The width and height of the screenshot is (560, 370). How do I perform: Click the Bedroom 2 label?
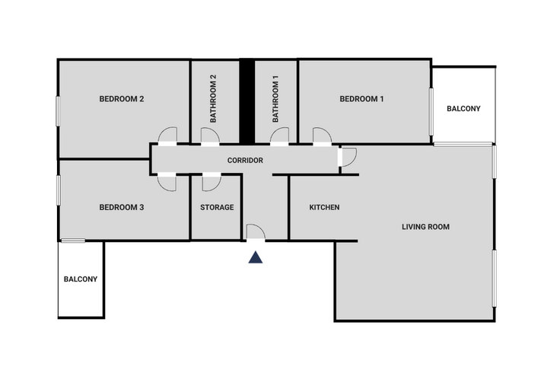[x=122, y=99]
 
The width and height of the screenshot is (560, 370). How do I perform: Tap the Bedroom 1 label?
[x=361, y=99]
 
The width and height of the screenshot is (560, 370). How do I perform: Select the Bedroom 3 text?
[x=122, y=207]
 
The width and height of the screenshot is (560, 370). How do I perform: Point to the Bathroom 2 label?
[x=213, y=99]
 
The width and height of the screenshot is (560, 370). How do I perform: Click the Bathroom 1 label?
[x=275, y=99]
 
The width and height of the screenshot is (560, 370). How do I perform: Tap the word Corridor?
[x=245, y=161]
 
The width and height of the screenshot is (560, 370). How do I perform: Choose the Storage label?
[x=217, y=207]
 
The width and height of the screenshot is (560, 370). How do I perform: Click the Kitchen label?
[x=324, y=207]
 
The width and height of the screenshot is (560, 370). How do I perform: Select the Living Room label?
[x=425, y=227]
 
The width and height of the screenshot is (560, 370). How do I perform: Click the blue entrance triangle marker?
[x=256, y=257]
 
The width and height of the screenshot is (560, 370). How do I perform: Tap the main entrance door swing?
[x=256, y=231]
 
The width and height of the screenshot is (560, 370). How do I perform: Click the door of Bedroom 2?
[x=167, y=136]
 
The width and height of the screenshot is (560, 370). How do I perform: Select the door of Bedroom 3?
[x=167, y=182]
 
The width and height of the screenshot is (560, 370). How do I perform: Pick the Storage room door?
[x=212, y=182]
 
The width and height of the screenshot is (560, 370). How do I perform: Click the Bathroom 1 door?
[x=279, y=136]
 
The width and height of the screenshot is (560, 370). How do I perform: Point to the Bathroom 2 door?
[x=210, y=136]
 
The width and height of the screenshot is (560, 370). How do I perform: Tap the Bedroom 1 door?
[x=323, y=136]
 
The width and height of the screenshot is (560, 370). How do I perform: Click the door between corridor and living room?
[x=347, y=157]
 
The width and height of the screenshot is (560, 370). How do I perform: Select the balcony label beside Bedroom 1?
[x=463, y=109]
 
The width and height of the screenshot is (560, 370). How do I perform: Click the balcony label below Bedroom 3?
[x=81, y=279]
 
